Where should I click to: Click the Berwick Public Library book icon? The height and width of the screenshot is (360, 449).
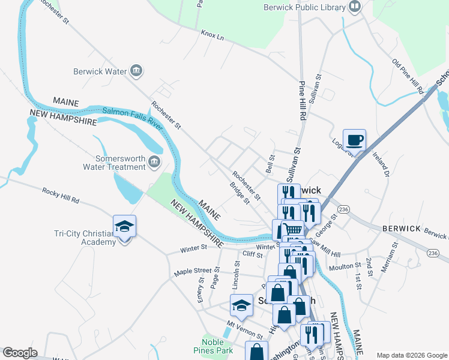(355, 7)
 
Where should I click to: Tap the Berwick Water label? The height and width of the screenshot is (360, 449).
(100, 71)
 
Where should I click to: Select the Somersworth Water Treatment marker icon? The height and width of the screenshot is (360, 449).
(154, 162)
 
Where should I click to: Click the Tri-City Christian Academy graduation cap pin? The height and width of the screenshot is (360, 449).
(124, 227)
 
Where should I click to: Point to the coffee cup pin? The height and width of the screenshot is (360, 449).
(354, 140)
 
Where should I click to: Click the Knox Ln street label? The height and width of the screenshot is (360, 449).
(212, 35)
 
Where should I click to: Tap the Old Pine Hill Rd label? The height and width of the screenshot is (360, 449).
(408, 76)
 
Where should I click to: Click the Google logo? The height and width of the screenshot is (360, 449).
(20, 353)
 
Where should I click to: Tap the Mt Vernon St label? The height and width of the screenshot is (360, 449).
(244, 329)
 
